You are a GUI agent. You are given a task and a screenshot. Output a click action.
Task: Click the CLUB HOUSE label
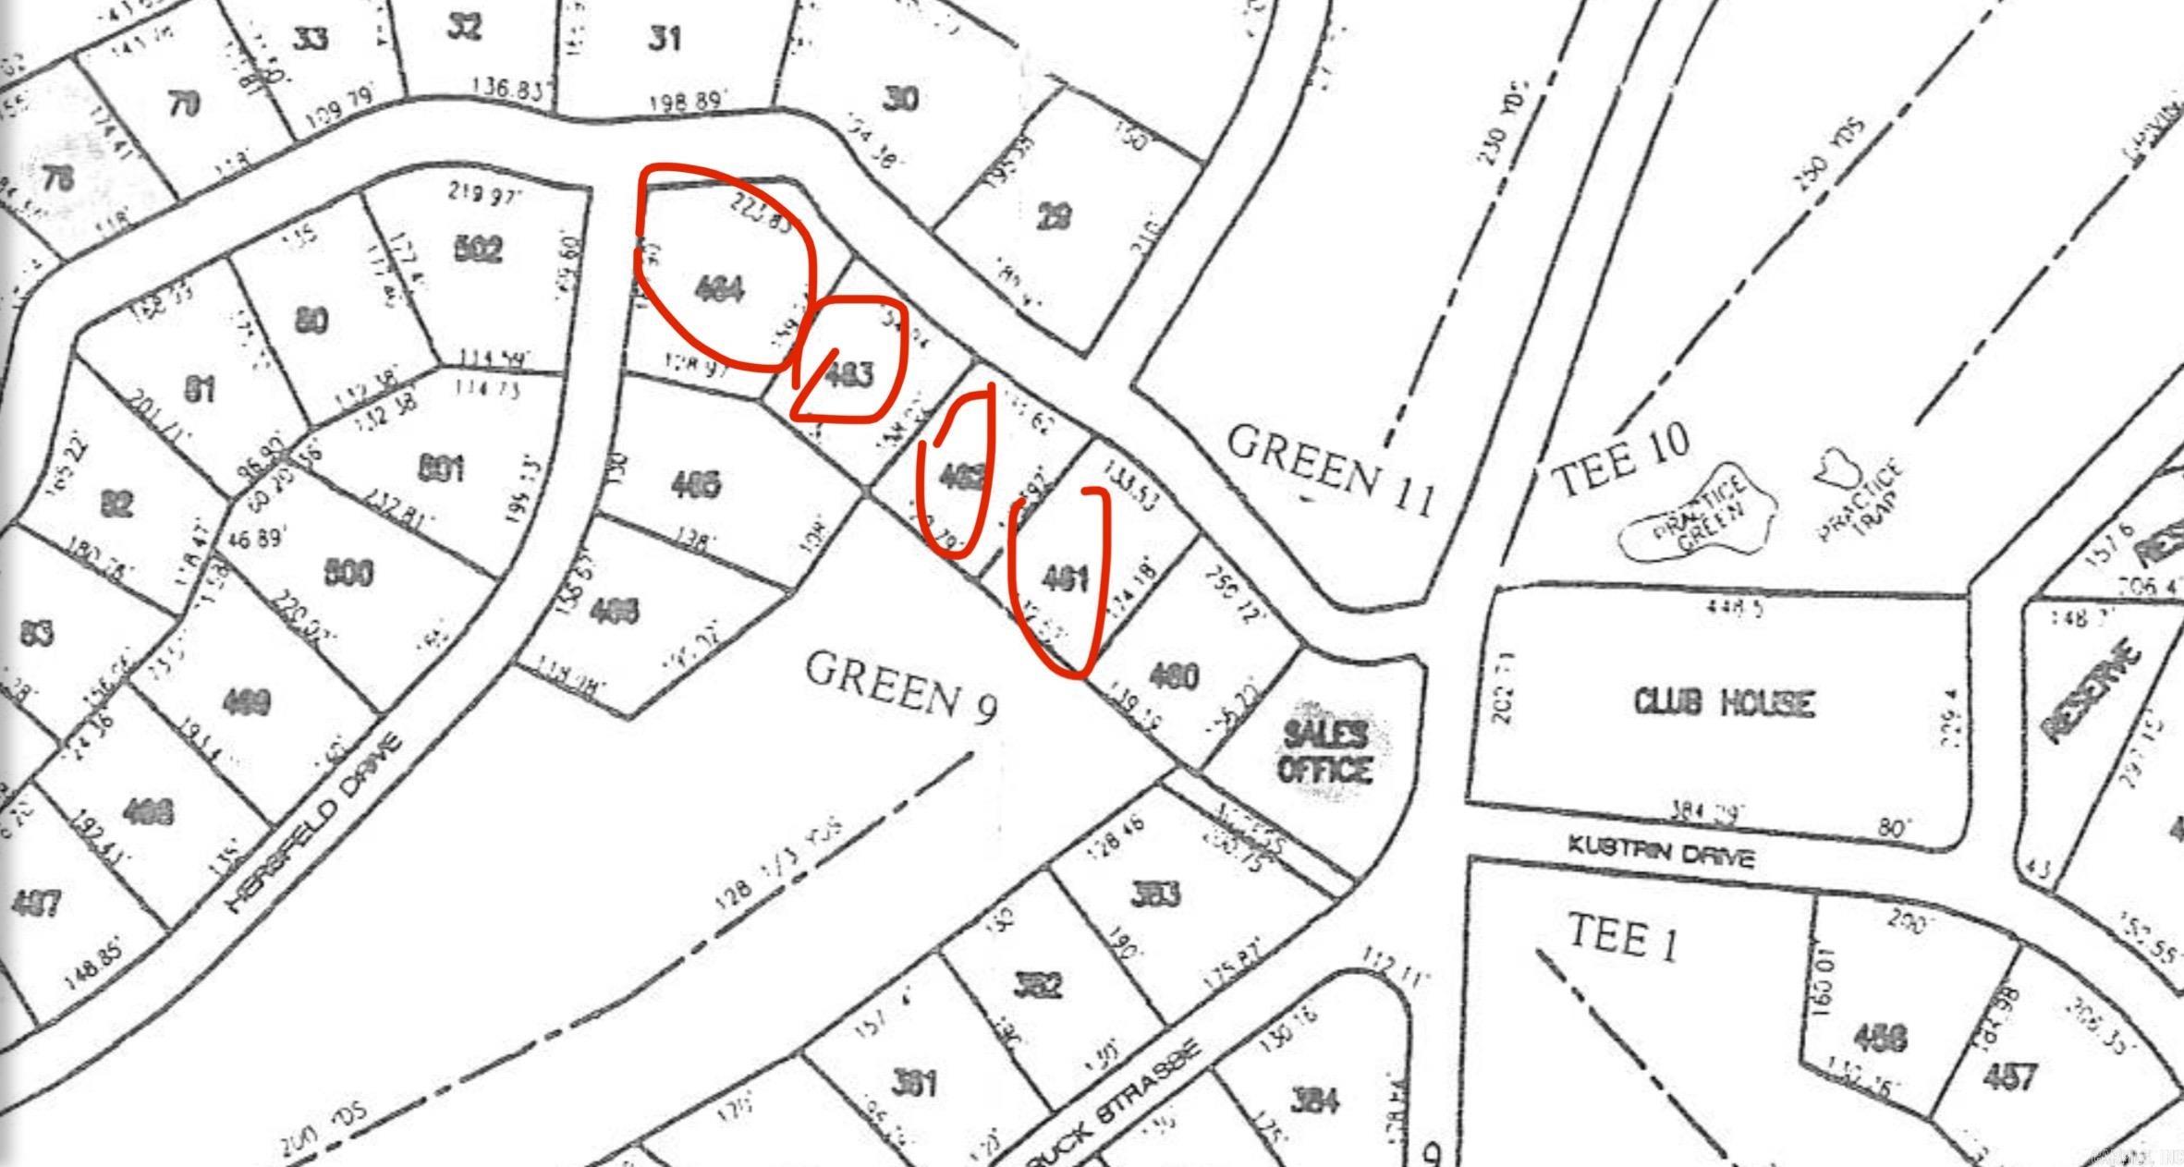[1724, 702]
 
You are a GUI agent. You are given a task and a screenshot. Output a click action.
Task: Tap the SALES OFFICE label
[1324, 751]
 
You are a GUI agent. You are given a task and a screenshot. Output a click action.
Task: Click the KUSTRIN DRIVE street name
[1660, 851]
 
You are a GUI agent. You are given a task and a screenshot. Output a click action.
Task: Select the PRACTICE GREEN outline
[1699, 525]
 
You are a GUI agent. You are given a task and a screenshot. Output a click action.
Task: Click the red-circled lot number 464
[719, 289]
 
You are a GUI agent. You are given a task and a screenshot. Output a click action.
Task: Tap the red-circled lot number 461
[1065, 578]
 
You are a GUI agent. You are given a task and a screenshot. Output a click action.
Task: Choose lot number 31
[665, 39]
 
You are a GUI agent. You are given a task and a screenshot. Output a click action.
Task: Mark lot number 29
[1055, 217]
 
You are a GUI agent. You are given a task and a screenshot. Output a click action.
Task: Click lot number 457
[2009, 1076]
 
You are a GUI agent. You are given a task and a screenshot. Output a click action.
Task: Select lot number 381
[914, 1082]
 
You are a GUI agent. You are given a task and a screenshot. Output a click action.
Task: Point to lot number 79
[184, 103]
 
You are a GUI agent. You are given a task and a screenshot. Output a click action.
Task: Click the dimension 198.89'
[683, 101]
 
